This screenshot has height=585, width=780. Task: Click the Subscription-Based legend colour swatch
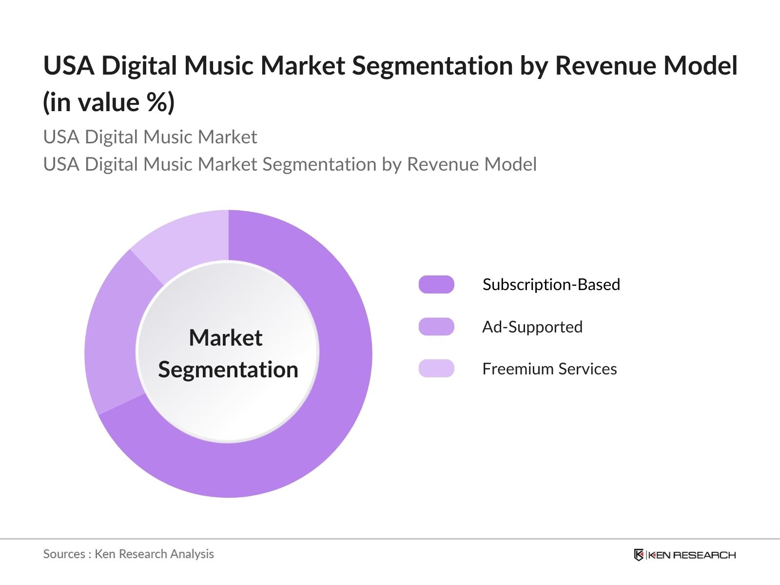(x=436, y=285)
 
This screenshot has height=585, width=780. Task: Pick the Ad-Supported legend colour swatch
(x=436, y=327)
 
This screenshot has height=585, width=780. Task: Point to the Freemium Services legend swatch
(x=436, y=369)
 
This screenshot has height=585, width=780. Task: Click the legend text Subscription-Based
(x=551, y=285)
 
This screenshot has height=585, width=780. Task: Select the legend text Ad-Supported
(x=532, y=327)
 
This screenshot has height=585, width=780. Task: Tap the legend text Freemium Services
(x=549, y=369)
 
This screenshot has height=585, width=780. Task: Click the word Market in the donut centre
(x=226, y=338)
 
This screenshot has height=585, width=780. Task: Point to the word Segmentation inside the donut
(x=228, y=370)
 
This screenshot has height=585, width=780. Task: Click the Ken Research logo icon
(x=639, y=555)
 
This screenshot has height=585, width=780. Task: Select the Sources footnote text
(x=128, y=554)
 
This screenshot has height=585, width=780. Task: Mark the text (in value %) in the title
(x=109, y=102)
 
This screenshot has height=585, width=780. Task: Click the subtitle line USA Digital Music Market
(x=150, y=137)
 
